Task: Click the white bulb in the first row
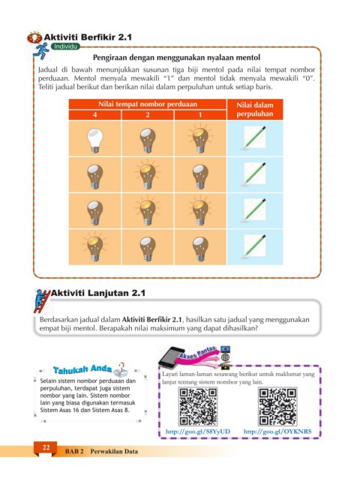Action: [95, 140]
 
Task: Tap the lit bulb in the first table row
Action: [200, 139]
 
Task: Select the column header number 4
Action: [95, 115]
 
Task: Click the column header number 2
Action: [148, 115]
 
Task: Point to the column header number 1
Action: [200, 115]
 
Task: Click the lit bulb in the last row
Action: [95, 246]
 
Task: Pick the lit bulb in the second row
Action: [148, 175]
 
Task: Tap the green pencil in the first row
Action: [254, 138]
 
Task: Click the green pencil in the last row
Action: [254, 246]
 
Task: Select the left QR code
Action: [198, 407]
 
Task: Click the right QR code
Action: [277, 407]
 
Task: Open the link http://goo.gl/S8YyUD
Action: [198, 432]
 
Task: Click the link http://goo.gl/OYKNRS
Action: [277, 432]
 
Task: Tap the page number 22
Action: [46, 447]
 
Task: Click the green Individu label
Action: [65, 46]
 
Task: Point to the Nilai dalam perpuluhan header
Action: [255, 109]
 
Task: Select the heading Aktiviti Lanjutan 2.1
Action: [97, 293]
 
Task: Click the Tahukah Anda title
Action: [82, 369]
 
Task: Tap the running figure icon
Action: [41, 51]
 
